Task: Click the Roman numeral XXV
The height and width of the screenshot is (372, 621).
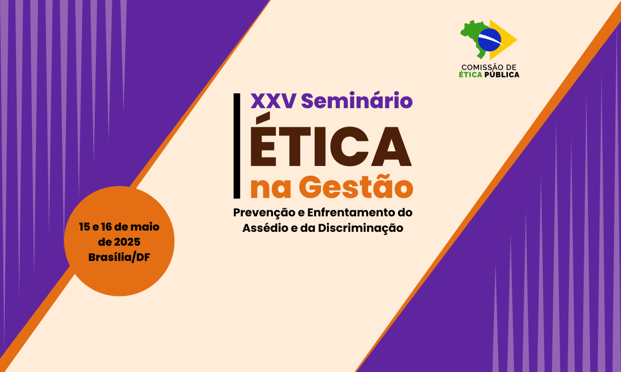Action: point(273,101)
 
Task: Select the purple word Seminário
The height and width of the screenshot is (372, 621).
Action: point(357,100)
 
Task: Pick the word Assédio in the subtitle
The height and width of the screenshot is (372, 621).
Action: point(265,228)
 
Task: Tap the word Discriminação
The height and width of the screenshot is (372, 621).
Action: point(361,228)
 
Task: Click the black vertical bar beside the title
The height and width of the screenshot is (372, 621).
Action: point(237,146)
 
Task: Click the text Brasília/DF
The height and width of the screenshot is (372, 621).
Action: point(119,257)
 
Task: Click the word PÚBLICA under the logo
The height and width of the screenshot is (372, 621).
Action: point(502,74)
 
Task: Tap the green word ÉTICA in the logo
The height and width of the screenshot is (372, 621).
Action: point(470,74)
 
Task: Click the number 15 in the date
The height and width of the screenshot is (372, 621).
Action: point(85,227)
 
